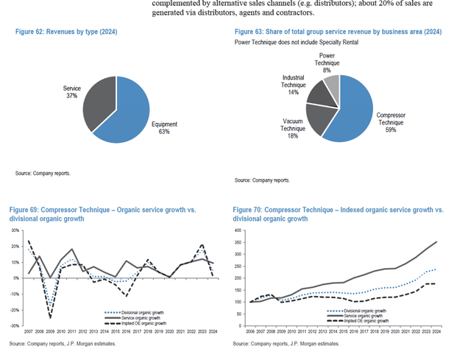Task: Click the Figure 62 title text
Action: click(66, 33)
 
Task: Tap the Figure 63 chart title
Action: click(338, 32)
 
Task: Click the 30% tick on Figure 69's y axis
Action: click(14, 230)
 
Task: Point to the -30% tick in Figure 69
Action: click(14, 325)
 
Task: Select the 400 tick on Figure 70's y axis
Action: click(238, 230)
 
